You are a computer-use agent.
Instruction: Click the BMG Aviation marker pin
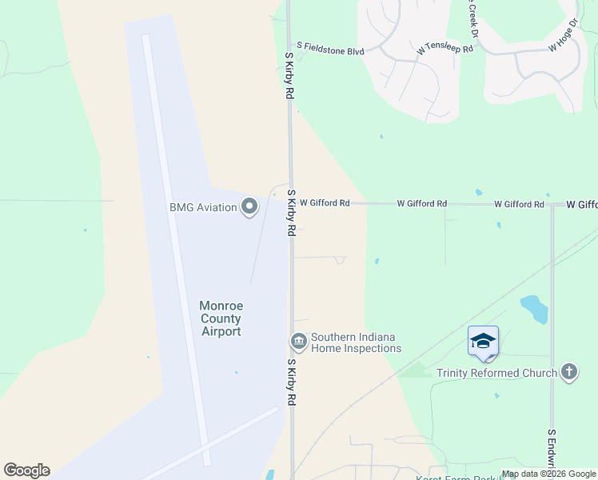coord(249,207)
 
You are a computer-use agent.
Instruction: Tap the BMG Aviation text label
coord(203,207)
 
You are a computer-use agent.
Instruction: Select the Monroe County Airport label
coord(220,318)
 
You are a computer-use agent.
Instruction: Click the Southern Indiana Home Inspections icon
coord(299,342)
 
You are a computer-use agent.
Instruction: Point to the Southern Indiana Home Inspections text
coord(356,342)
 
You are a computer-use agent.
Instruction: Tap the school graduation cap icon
coord(483,342)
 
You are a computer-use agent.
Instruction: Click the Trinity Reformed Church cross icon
coord(568,372)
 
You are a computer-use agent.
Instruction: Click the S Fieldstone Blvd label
coord(330,50)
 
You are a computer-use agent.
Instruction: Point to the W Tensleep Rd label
coord(445,50)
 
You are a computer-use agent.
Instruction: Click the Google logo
coord(26,470)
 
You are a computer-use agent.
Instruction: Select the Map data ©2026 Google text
coord(548,474)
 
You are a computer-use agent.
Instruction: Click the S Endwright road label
coord(552,453)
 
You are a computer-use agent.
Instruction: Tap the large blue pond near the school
coord(533,308)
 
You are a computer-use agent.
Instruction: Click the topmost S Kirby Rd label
coord(290,76)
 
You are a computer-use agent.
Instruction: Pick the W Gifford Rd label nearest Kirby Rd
coord(325,203)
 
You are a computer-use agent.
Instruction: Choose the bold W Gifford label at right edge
coord(582,205)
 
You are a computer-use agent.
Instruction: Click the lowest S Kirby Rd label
coord(291,382)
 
